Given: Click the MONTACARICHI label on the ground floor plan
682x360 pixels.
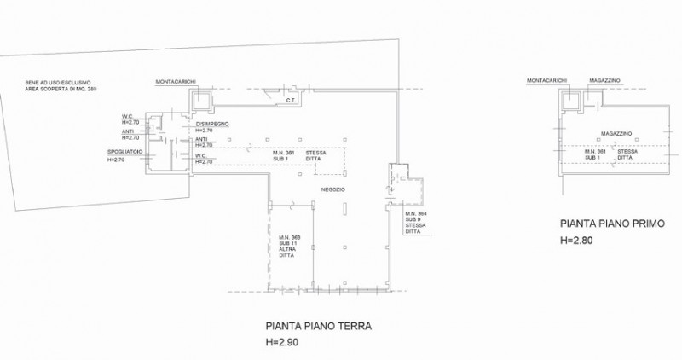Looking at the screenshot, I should (176, 82).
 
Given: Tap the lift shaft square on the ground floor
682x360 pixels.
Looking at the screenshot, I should (201, 101).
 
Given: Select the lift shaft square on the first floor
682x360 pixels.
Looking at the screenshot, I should (569, 101).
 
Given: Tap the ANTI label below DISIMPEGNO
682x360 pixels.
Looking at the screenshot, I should (201, 140).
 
